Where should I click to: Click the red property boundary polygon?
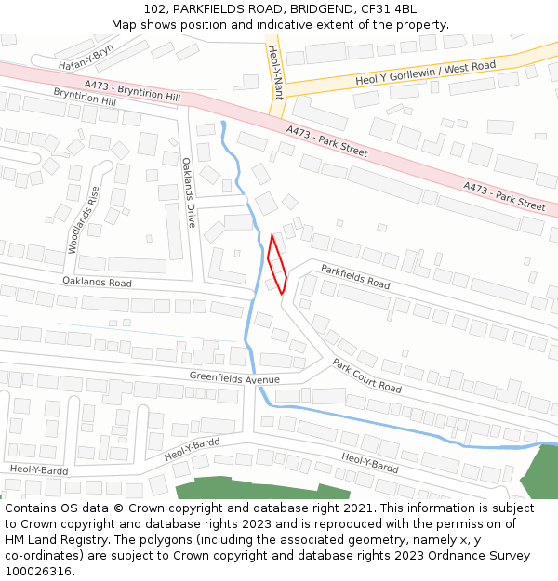click(x=277, y=264)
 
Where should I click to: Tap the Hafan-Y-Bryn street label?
click(x=86, y=58)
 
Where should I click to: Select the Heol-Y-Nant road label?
click(x=274, y=71)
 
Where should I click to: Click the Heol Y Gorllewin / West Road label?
click(x=425, y=73)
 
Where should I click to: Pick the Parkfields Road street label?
click(x=355, y=276)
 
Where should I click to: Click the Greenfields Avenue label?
click(x=234, y=378)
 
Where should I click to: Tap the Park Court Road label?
click(x=366, y=376)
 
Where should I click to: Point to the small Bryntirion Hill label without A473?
click(x=85, y=96)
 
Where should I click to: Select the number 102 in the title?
click(x=154, y=9)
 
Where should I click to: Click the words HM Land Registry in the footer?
click(x=52, y=540)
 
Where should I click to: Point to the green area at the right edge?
click(x=540, y=474)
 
